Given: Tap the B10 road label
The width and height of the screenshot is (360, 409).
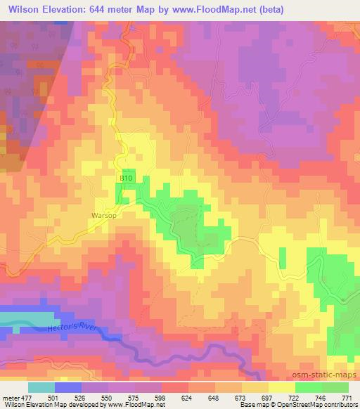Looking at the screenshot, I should pos(125,180).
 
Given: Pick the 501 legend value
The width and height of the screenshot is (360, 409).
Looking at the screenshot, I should pos(54,397).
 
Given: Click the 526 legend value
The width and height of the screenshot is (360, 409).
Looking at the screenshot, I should pos(81,397).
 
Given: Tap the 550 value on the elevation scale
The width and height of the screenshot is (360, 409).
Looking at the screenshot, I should pos(108,397).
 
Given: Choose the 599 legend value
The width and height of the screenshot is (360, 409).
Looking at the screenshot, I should pos(161,397).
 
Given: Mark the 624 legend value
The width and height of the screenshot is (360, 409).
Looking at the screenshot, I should pos(188,397).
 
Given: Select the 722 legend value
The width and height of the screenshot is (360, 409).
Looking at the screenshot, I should pos(295,397).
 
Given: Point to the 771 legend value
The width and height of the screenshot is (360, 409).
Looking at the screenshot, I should pos(347,397).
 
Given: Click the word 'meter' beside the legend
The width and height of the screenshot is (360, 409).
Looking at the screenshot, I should pos(11,397).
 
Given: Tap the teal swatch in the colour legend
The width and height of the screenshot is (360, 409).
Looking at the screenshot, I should pos(41,387).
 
